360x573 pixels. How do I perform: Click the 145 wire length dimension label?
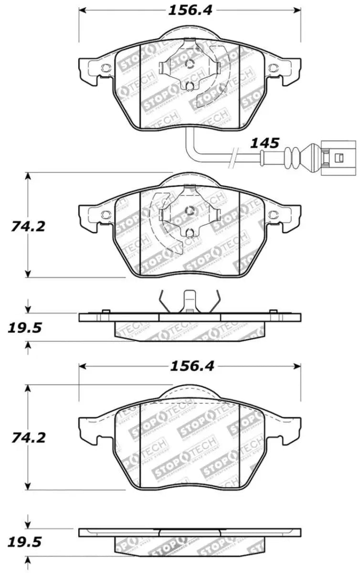(266, 142)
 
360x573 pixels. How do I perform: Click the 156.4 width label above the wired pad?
(189, 10)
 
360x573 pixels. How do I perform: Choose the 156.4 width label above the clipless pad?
(189, 366)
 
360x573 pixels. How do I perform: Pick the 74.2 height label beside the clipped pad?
(28, 226)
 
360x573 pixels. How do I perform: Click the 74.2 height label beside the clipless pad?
(28, 437)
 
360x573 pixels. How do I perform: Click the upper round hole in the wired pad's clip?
(190, 66)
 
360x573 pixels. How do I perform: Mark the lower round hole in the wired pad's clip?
(190, 86)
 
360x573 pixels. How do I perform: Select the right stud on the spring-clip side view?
(273, 312)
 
